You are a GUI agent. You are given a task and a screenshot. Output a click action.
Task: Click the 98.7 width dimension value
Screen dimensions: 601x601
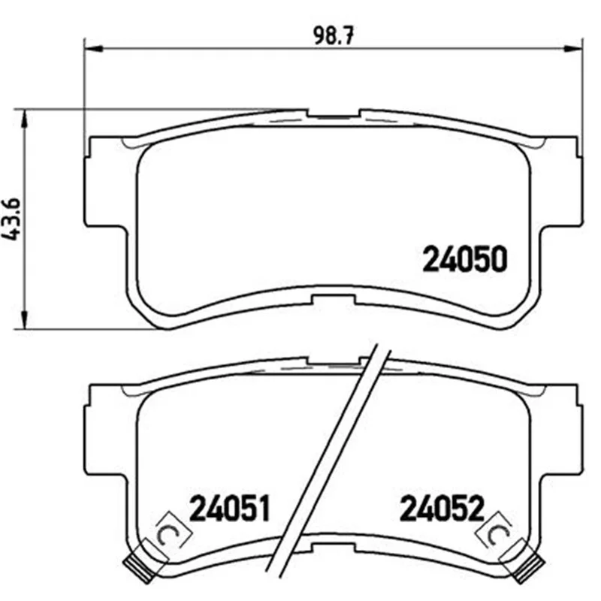click(x=333, y=35)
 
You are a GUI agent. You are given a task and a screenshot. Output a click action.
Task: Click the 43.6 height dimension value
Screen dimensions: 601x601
click(x=11, y=219)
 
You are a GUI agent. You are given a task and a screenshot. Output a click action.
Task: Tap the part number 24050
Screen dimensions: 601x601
click(x=465, y=259)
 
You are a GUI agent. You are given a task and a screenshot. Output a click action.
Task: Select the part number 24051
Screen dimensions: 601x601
click(x=230, y=508)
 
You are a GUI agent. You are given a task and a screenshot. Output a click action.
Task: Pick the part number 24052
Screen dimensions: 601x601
click(x=442, y=508)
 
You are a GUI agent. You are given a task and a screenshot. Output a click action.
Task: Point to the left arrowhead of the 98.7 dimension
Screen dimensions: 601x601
click(x=93, y=49)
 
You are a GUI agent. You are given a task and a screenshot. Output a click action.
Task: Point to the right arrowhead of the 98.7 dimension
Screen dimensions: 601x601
click(x=572, y=49)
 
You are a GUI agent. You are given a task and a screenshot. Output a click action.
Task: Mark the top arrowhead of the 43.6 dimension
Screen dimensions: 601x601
click(x=25, y=119)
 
